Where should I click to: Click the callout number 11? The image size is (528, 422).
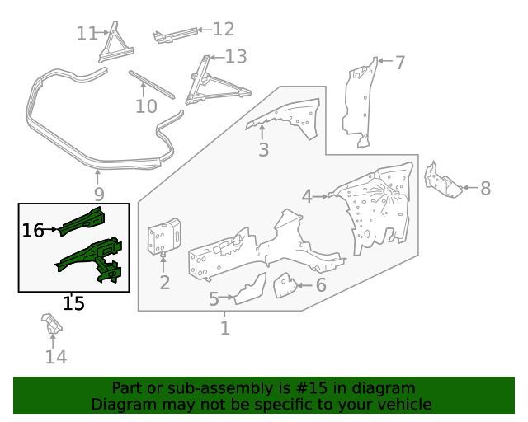pyautogui.click(x=86, y=33)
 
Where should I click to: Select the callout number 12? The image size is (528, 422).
pyautogui.click(x=223, y=30)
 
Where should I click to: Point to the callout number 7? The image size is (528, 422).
pyautogui.click(x=399, y=63)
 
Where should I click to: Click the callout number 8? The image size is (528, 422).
pyautogui.click(x=485, y=189)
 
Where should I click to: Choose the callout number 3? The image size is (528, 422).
pyautogui.click(x=263, y=150)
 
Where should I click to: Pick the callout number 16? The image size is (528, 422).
pyautogui.click(x=33, y=231)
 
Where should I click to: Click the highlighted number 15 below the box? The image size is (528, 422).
pyautogui.click(x=73, y=303)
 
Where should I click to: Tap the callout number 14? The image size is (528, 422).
pyautogui.click(x=55, y=357)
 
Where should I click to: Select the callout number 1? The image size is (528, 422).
pyautogui.click(x=224, y=329)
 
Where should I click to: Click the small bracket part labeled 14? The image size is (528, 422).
pyautogui.click(x=52, y=324)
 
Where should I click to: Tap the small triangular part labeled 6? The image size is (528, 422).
pyautogui.click(x=284, y=285)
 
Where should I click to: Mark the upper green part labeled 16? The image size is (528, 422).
pyautogui.click(x=87, y=221)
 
